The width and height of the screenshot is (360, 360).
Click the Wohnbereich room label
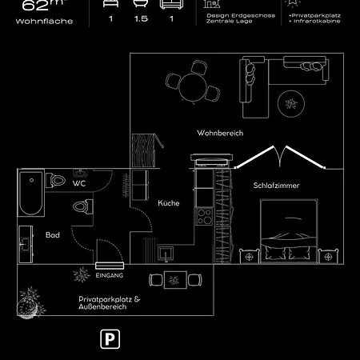point(220,133)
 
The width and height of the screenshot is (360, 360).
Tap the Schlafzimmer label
point(276,186)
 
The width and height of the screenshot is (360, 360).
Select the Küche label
point(169,203)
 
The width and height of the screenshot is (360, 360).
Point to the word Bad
point(53,235)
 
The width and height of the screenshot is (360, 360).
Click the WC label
point(79,183)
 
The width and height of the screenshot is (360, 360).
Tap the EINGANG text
point(110,275)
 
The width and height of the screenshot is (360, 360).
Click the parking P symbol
point(110,339)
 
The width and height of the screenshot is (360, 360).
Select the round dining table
point(192,87)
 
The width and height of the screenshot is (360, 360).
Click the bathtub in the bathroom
point(31,193)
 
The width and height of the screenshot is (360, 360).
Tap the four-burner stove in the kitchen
point(205,217)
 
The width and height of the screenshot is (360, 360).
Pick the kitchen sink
point(166,254)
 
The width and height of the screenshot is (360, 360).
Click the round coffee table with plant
point(291,104)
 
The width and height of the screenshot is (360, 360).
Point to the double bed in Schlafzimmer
point(289,231)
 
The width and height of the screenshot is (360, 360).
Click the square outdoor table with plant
point(175,280)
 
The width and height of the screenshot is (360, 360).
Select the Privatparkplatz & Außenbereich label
point(110,303)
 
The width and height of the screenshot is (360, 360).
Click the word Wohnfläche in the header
point(44,22)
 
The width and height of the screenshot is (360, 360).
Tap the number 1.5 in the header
point(141,19)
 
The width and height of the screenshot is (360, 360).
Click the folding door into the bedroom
point(279,158)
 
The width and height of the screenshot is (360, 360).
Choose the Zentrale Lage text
point(229,22)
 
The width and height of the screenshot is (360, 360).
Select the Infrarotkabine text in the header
point(317,21)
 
